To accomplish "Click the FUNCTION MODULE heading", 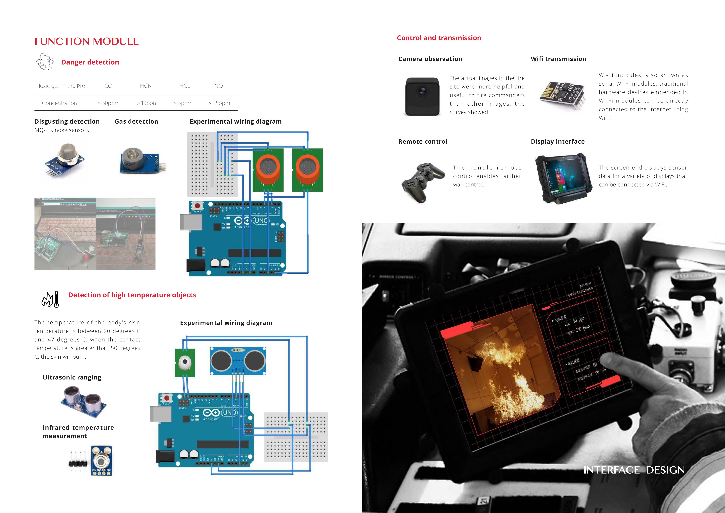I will pos(87,41).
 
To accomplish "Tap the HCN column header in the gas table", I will pos(146,86).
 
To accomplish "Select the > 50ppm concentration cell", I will pos(108,103).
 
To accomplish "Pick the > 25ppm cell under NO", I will pos(219,103).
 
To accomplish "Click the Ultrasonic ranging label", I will pos(72,377).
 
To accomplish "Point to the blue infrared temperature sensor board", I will pos(101,461).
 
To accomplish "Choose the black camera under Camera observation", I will pos(422,96).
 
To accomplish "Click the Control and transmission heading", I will pos(439,38).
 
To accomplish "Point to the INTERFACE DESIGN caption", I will pos(634,470).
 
